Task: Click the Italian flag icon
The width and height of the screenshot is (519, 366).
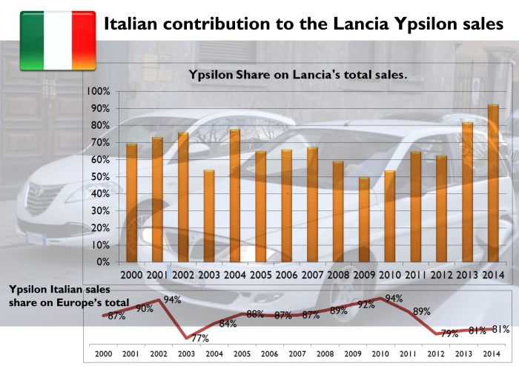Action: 57,41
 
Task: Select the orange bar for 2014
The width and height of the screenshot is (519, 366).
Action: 493,184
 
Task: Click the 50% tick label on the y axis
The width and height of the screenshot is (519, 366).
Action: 100,177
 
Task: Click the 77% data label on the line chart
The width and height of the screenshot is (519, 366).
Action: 199,339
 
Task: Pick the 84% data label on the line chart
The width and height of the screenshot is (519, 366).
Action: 228,324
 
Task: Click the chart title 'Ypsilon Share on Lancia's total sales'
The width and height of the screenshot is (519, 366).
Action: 299,74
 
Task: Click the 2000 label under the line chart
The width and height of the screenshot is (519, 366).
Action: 102,354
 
